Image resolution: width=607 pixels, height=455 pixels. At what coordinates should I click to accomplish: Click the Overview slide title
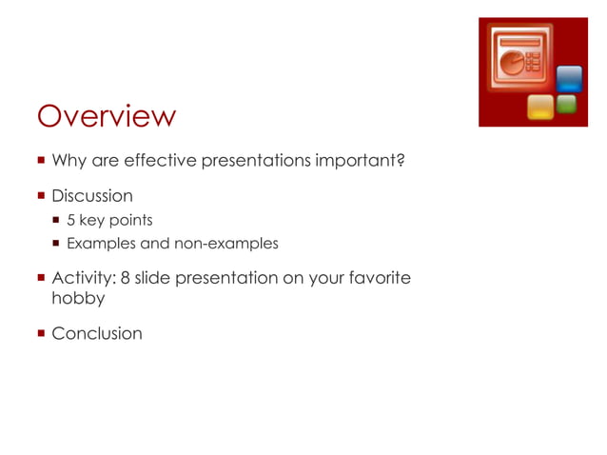tap(106, 116)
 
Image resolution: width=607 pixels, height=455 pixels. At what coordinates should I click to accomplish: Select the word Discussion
tap(92, 196)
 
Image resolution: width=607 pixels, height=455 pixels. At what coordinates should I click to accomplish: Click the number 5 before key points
tap(70, 221)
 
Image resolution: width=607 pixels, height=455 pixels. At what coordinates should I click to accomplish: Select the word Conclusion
tap(97, 333)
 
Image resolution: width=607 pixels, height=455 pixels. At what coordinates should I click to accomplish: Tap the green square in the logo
tap(567, 105)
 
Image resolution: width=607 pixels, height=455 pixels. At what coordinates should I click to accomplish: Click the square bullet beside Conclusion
tap(41, 333)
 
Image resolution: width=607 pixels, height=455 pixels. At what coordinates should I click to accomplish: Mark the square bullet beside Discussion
tap(41, 196)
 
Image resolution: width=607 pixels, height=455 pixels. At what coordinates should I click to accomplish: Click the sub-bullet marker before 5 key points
tap(57, 221)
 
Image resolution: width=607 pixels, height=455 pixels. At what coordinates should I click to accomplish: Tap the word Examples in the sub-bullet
tap(101, 244)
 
